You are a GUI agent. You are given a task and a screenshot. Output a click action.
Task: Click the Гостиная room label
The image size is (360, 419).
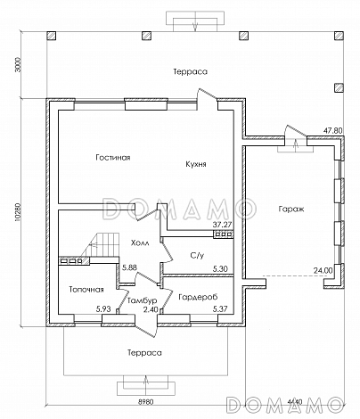coord(113,157)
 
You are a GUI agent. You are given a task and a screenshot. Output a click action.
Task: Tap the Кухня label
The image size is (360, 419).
coord(196,164)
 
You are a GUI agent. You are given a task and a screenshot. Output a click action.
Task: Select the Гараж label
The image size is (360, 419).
coord(291,209)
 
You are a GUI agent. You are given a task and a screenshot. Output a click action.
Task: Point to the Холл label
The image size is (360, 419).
coord(140,242)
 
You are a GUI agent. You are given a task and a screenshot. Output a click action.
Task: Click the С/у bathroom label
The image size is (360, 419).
coord(197,255)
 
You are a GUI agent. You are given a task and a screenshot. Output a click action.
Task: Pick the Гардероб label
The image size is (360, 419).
coord(198,297)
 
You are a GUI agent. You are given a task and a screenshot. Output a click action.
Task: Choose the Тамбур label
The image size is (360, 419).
coord(143,300)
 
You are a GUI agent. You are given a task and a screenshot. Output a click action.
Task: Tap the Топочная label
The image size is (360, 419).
coord(86,290)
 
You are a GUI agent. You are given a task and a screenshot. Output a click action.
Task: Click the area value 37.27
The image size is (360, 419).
coord(222,225)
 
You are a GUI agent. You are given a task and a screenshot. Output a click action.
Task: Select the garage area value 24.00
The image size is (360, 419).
coord(323,270)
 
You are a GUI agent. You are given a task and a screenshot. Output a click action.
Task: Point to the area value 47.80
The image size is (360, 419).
coord(333,131)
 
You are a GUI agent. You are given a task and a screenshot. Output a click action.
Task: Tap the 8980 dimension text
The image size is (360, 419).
coord(146,402)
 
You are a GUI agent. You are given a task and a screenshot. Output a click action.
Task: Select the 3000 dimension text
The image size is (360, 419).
coord(18,64)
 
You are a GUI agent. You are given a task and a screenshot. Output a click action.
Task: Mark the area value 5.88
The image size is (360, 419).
coord(129,267)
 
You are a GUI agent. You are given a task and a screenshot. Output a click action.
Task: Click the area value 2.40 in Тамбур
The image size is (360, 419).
coord(151,309)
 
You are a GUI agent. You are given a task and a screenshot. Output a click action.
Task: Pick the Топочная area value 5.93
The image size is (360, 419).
coord(103,309)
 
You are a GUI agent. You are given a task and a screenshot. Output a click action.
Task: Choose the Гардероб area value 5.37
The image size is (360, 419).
coord(220,309)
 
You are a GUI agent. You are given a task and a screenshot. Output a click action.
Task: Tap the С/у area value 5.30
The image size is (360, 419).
coord(220,269)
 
